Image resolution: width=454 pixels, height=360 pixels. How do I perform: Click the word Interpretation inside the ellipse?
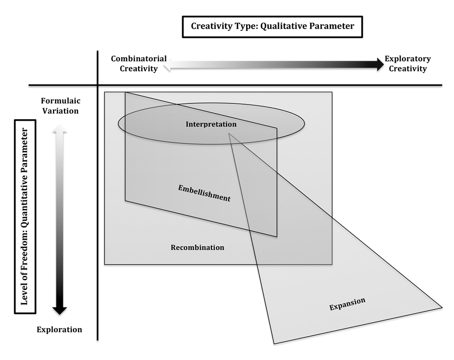[x=211, y=124]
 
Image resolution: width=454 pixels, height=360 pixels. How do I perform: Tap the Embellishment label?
[x=204, y=193]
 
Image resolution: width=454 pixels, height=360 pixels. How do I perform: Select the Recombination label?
[x=197, y=247]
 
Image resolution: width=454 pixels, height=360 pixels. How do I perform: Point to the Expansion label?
[x=347, y=304]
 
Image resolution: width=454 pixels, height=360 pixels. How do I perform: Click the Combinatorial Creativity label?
[x=139, y=64]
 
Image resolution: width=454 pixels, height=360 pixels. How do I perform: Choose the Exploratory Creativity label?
[x=408, y=64]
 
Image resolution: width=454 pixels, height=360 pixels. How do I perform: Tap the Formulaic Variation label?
[x=61, y=106]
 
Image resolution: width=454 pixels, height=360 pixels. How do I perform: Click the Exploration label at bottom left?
[x=60, y=330]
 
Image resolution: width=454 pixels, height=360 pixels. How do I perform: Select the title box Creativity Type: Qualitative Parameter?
[x=272, y=27]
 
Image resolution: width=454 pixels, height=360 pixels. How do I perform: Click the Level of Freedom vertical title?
[x=25, y=217]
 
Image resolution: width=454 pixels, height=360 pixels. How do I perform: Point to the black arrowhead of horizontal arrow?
[x=380, y=64]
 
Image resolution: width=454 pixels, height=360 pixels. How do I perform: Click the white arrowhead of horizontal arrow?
[x=167, y=64]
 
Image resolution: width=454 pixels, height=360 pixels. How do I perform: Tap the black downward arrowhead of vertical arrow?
[x=60, y=311]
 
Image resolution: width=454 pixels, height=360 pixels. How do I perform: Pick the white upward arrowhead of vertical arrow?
[x=60, y=128]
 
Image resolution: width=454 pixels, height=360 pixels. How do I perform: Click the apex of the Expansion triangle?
[x=229, y=133]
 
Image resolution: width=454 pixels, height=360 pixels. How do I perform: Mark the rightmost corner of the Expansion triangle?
[x=442, y=307]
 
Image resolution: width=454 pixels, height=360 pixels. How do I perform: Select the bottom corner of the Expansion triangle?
[x=274, y=344]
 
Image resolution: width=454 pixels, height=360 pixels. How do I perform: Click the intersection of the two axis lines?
[x=97, y=85]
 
